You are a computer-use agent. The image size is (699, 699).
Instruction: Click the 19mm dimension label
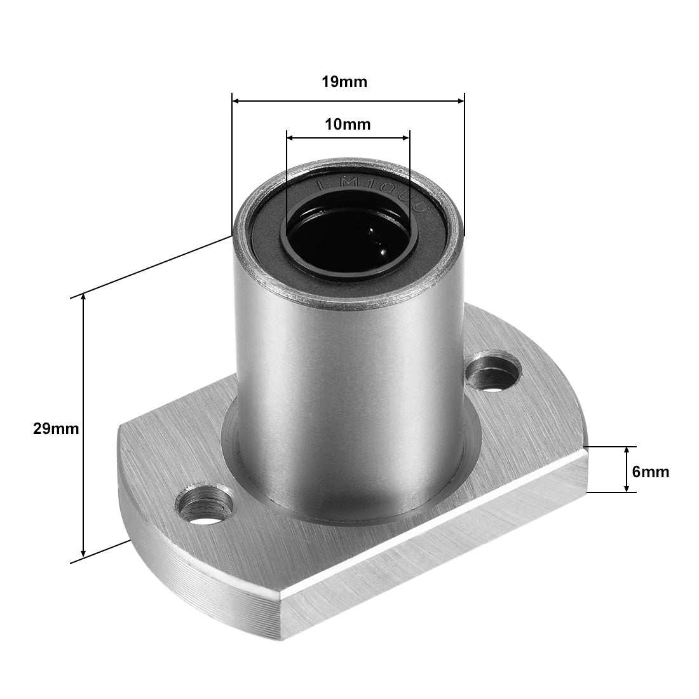tap(348, 82)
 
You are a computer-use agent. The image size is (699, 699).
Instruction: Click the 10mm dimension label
tap(348, 124)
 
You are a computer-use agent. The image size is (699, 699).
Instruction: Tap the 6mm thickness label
tap(650, 472)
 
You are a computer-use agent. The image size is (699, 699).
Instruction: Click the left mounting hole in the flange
tap(205, 506)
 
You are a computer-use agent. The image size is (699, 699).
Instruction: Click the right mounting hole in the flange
tap(494, 373)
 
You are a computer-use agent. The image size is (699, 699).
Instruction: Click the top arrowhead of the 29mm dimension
tap(83, 301)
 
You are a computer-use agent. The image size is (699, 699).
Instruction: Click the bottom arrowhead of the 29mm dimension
tap(83, 552)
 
